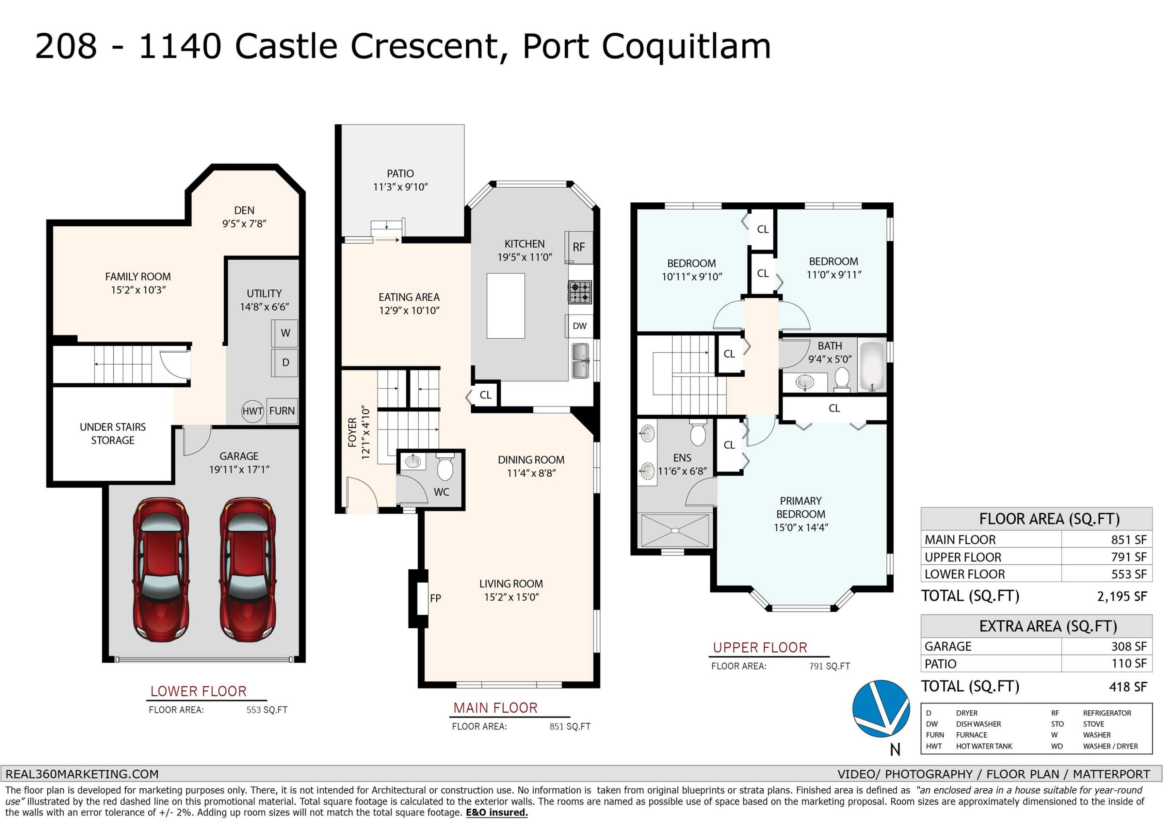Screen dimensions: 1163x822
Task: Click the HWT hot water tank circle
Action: pyautogui.click(x=252, y=411)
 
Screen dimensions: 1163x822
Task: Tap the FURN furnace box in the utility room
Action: pyautogui.click(x=281, y=411)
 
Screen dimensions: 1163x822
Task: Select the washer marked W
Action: pyautogui.click(x=285, y=333)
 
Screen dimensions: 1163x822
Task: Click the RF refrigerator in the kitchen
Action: pyautogui.click(x=579, y=247)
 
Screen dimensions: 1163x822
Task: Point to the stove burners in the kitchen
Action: pyautogui.click(x=580, y=292)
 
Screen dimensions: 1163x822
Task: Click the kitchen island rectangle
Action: pyautogui.click(x=506, y=306)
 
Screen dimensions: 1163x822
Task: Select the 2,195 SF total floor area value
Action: pyautogui.click(x=1122, y=596)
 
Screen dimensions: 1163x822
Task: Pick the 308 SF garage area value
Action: pyautogui.click(x=1129, y=647)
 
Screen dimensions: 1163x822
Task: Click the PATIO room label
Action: pyautogui.click(x=400, y=174)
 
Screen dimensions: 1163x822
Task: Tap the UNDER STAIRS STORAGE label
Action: pyautogui.click(x=112, y=434)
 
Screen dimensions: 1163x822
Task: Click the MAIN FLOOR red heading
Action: pyautogui.click(x=495, y=708)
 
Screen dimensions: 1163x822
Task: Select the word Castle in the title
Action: pyautogui.click(x=286, y=46)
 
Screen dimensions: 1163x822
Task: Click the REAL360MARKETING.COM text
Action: pyautogui.click(x=82, y=774)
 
